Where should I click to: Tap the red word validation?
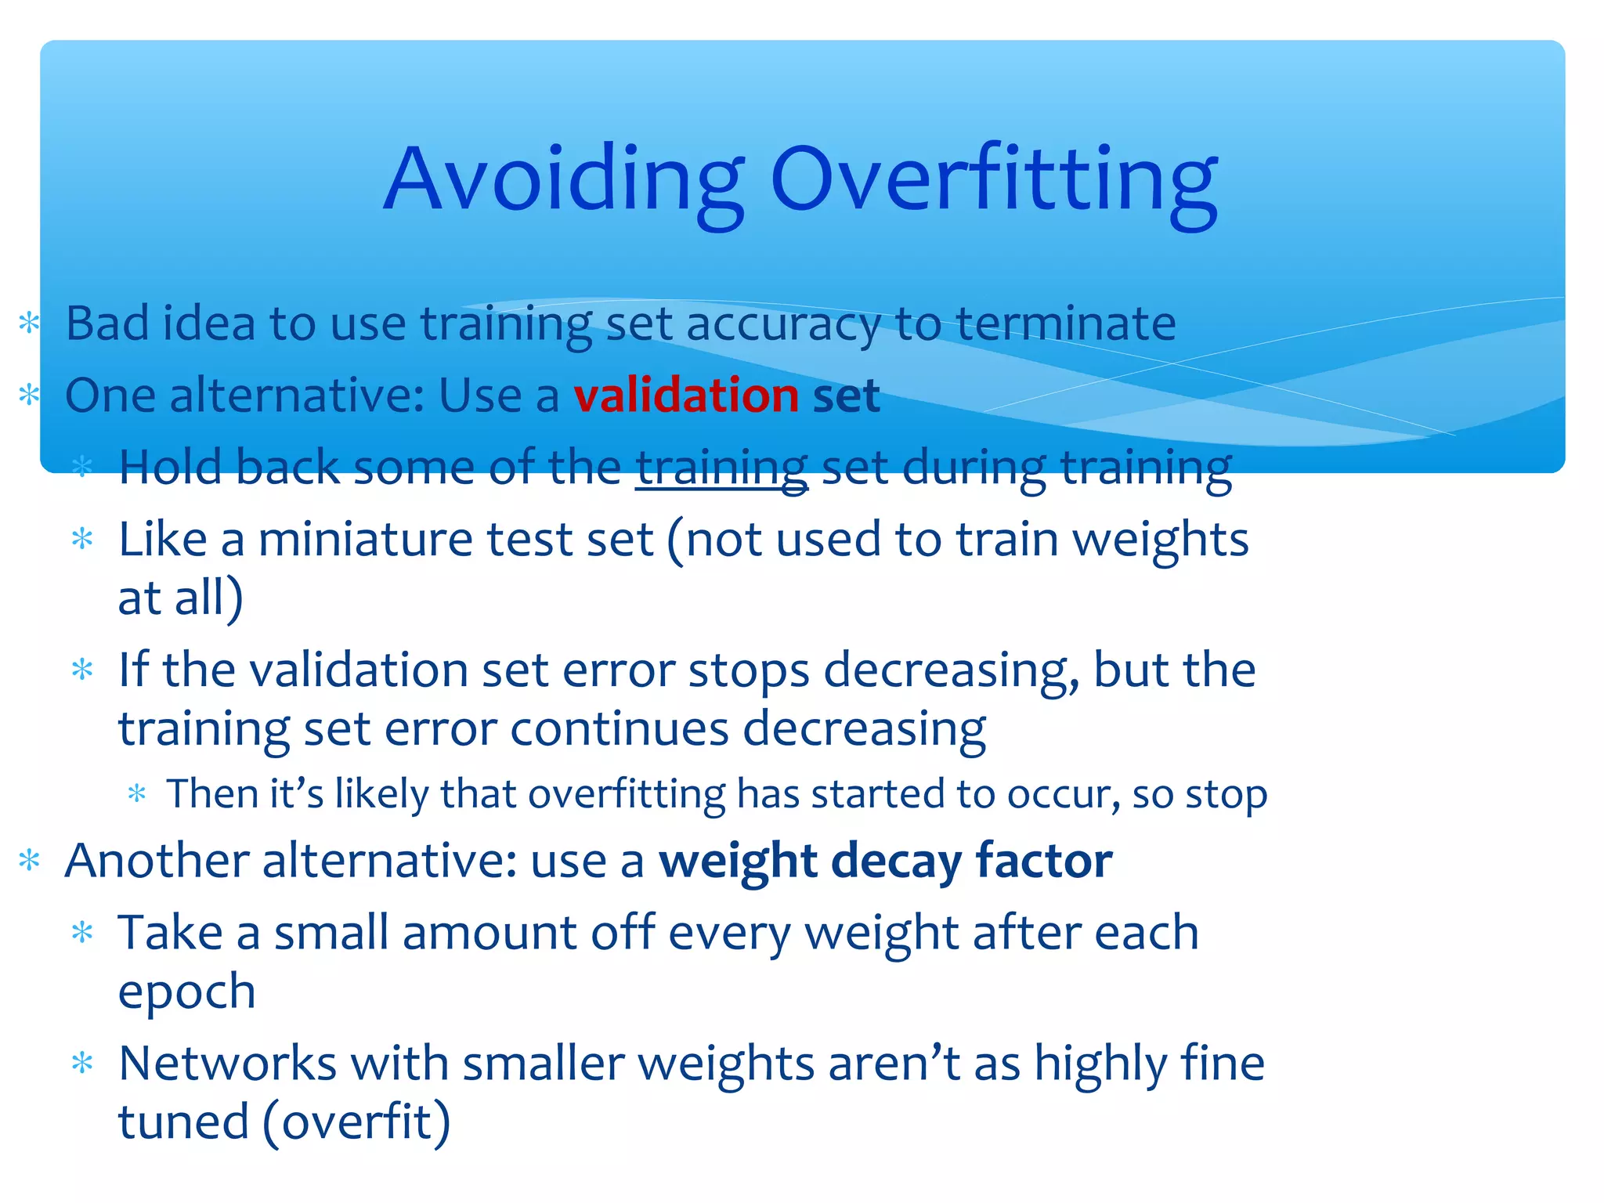(x=686, y=396)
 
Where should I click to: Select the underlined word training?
(x=721, y=468)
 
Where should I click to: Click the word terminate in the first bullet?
(x=1065, y=323)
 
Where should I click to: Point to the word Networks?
(x=228, y=1064)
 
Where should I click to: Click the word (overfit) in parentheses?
(x=356, y=1122)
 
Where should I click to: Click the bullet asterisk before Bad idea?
(x=29, y=323)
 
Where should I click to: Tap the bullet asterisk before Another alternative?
(x=29, y=861)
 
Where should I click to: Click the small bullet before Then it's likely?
(x=137, y=794)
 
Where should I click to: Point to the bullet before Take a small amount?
(x=82, y=933)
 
